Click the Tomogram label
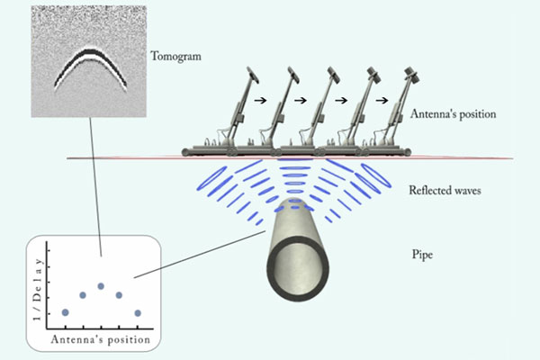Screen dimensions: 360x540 (x=176, y=56)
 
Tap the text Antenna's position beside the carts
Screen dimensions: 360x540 (x=453, y=115)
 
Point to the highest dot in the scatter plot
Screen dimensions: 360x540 (x=101, y=286)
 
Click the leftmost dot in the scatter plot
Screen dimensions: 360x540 (x=65, y=312)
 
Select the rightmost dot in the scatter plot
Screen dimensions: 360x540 (x=138, y=312)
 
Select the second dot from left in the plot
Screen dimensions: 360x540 (x=83, y=294)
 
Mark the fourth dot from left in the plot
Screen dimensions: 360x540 (x=119, y=294)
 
